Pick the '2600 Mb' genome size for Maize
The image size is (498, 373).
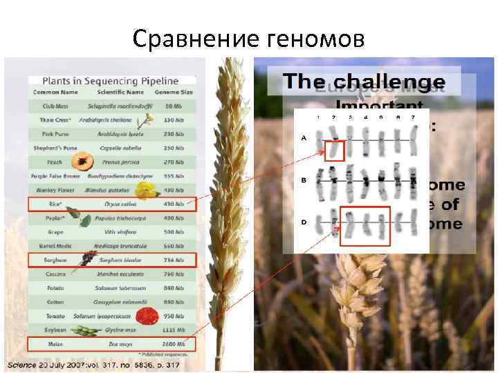click(x=174, y=344)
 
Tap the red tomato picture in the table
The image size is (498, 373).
click(x=145, y=316)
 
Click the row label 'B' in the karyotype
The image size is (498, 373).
click(x=303, y=180)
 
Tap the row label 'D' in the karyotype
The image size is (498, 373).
click(x=303, y=222)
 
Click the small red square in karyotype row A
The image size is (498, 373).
click(x=334, y=150)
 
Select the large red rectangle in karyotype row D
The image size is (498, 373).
click(x=366, y=225)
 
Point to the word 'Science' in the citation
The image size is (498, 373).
click(x=24, y=363)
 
